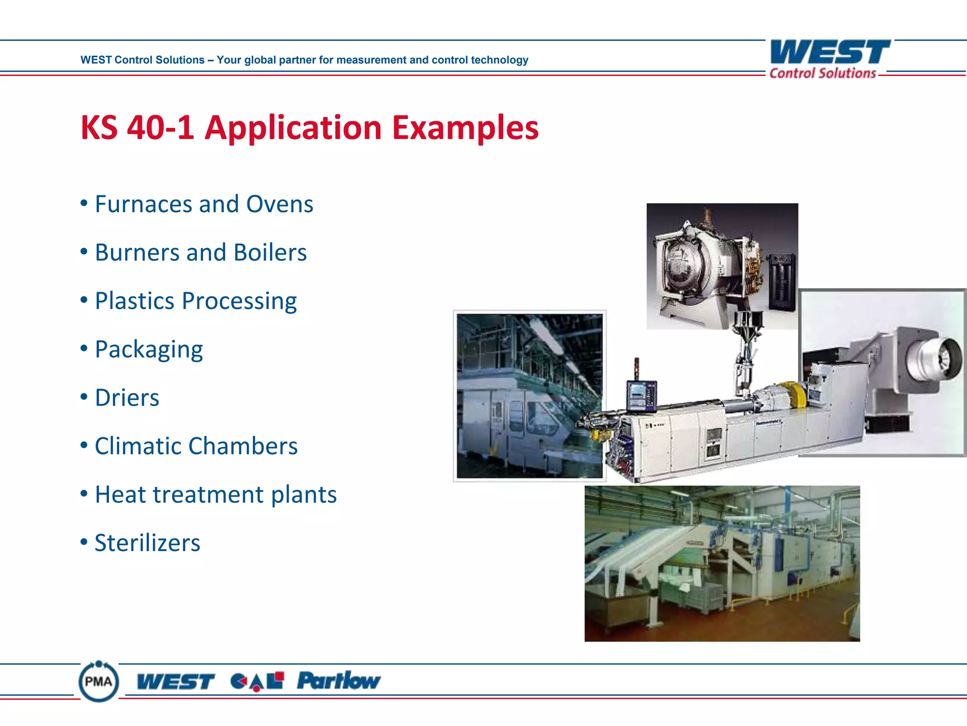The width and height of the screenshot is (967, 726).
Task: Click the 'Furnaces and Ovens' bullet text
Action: pos(204,204)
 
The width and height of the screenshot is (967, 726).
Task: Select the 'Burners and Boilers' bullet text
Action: pos(201,252)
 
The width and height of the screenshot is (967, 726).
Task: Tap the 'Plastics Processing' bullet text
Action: pos(195,301)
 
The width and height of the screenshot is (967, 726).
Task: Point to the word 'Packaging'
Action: pos(149,350)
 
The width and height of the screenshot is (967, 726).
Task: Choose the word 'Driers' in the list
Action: pos(127,398)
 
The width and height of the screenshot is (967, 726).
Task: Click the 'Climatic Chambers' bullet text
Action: pos(196,446)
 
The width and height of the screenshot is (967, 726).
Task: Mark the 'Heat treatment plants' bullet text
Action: pos(216,495)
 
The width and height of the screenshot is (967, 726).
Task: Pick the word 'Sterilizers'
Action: pos(147,543)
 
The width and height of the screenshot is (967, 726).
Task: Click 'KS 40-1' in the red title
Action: pos(137,128)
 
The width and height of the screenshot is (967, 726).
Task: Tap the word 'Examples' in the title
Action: pos(465,128)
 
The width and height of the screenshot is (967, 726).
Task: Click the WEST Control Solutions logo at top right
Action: pos(830,60)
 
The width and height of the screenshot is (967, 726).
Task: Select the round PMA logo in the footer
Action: pos(99,682)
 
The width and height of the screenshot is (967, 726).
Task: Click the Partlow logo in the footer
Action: pos(339,681)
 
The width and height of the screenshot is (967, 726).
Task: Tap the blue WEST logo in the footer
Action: pos(176,682)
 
